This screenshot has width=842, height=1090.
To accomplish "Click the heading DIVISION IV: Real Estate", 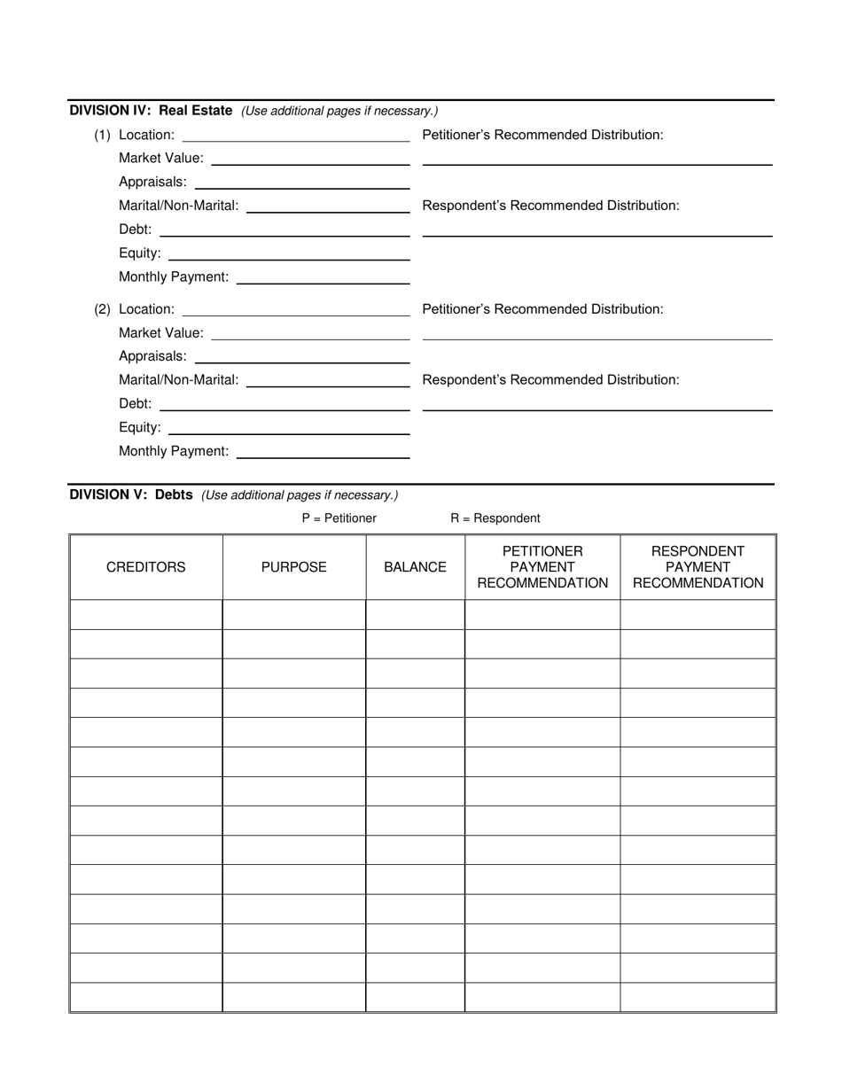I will (151, 111).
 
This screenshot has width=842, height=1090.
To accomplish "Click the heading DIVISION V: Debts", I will (131, 494).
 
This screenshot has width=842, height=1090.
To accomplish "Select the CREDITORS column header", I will (146, 567).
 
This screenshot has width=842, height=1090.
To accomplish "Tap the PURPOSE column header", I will (293, 567).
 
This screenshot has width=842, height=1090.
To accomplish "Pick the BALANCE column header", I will (415, 567).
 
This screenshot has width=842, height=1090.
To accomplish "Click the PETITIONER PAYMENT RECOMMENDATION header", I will (542, 567).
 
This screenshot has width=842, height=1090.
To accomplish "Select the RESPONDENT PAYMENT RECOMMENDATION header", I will (698, 567).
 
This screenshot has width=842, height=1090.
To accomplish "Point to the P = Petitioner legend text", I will (339, 518).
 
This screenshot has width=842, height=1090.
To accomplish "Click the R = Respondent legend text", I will (495, 518).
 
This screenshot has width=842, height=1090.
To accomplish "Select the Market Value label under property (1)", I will (160, 159).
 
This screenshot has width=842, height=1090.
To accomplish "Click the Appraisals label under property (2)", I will (152, 356).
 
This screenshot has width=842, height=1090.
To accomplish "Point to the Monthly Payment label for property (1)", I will (173, 277).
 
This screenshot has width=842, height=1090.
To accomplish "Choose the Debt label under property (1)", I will (135, 230).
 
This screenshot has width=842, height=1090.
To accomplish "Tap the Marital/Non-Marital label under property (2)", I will (178, 380).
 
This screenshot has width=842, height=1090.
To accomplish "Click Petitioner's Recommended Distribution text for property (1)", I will (542, 135).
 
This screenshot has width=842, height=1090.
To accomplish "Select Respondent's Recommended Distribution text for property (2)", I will (550, 380).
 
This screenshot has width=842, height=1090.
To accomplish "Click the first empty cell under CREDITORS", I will (146, 615).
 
